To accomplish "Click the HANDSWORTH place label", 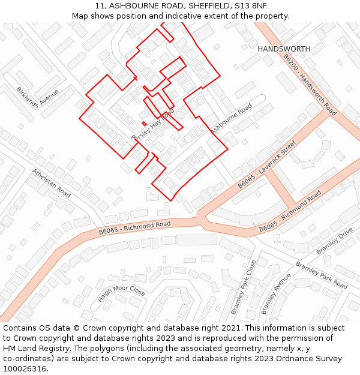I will point(284,49).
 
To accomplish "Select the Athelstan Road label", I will point(52,183).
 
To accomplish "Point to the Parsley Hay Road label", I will point(152,125).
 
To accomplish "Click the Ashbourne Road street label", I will point(230,119).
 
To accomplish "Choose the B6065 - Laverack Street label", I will point(267,164).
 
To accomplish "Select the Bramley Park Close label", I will point(244,287).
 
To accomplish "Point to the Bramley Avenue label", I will point(276,293).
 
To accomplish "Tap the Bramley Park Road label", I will point(321,275).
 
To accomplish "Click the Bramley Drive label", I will point(335,241).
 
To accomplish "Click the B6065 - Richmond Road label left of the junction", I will point(134,227).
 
